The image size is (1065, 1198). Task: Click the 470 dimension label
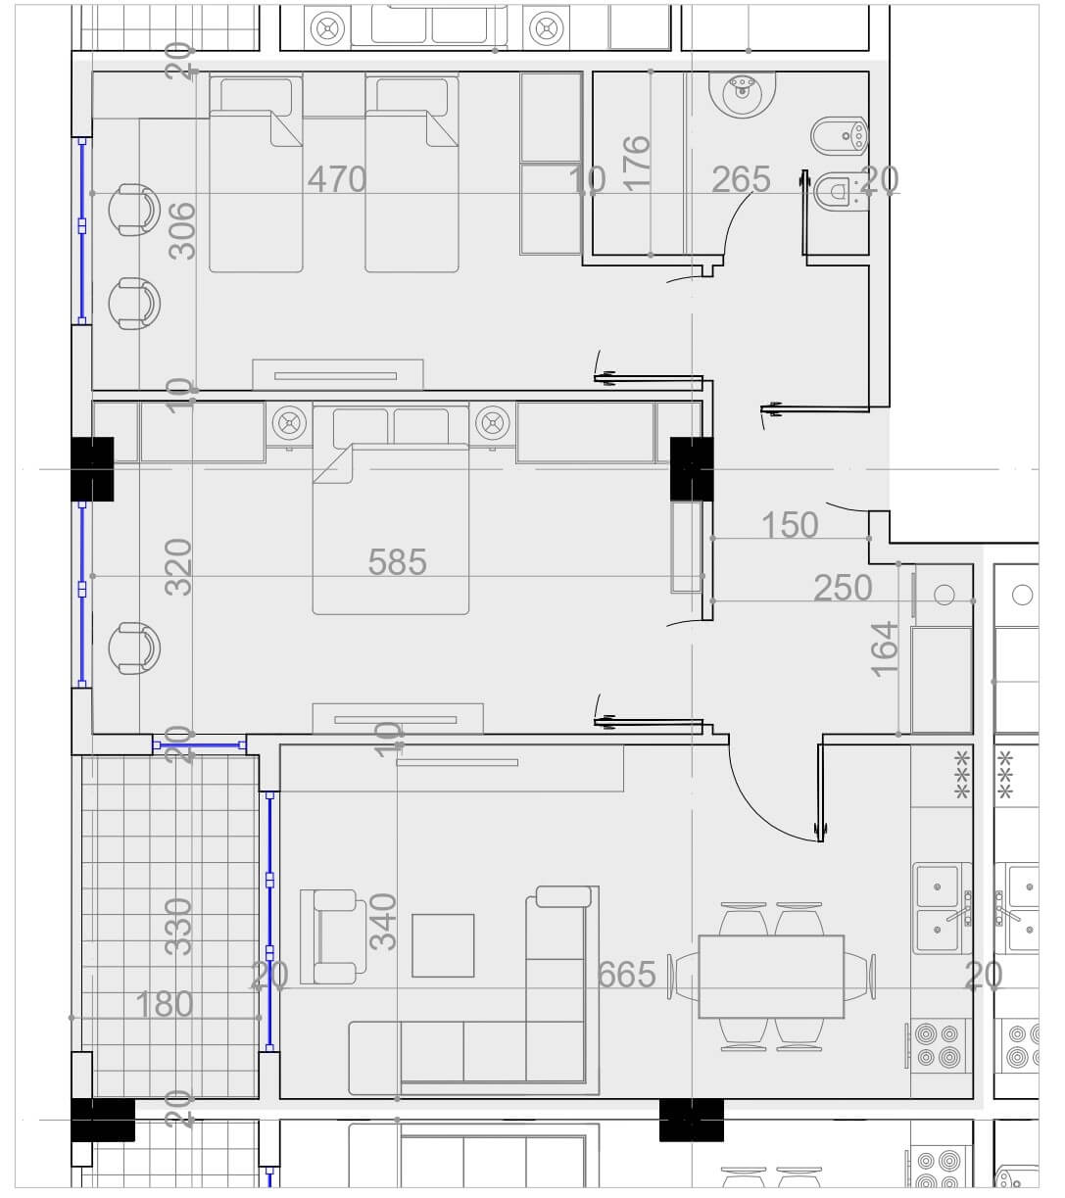point(336,179)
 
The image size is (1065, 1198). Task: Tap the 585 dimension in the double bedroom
point(397,561)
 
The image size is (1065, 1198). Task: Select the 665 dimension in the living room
point(626,974)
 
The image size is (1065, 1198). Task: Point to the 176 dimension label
point(636,164)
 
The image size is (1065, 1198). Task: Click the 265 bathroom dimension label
point(741,179)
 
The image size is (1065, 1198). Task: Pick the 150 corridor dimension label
point(790,525)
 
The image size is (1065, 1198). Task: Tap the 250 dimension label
point(843,588)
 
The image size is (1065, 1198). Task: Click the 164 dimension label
point(884,649)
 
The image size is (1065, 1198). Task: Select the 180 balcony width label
point(164,1004)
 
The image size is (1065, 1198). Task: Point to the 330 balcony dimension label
point(178,927)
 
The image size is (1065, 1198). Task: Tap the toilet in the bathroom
point(841,191)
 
